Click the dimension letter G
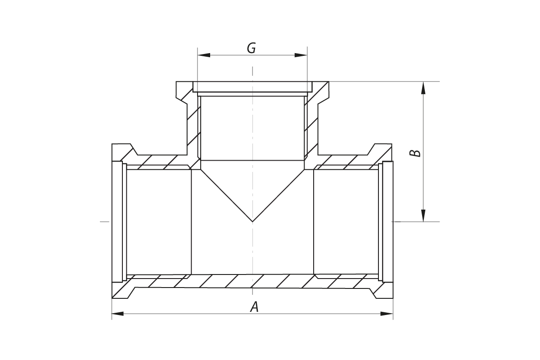[252, 48]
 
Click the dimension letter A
[255, 307]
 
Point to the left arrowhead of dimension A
[118, 313]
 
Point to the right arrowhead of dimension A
[387, 313]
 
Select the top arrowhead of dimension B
[423, 88]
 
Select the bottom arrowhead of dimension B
[423, 216]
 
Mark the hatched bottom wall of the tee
[252, 281]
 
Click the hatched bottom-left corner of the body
[121, 290]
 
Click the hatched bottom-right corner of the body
[384, 290]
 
